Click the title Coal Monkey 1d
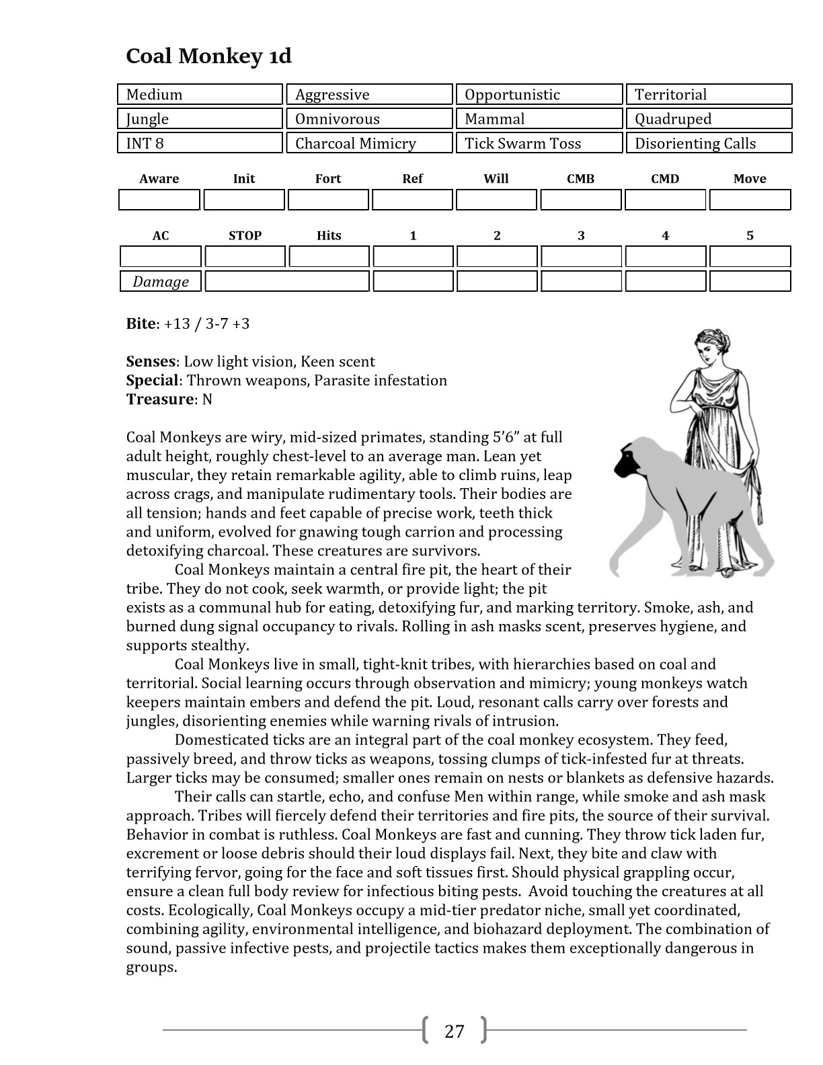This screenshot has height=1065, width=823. [x=208, y=56]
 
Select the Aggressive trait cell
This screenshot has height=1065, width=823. [x=369, y=95]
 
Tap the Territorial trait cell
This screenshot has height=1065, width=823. [x=709, y=95]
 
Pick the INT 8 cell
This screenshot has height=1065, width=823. [x=200, y=143]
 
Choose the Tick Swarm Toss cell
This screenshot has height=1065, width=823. [x=539, y=143]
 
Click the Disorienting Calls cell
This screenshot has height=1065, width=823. [x=709, y=143]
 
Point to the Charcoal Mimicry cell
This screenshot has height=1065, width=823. [x=369, y=143]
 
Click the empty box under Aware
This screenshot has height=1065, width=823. [x=159, y=200]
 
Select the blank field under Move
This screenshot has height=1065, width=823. [x=750, y=200]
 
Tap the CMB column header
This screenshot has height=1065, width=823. [x=580, y=179]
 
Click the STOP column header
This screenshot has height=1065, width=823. [x=245, y=236]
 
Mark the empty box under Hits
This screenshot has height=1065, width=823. [x=329, y=257]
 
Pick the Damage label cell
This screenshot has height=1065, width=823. [x=161, y=282]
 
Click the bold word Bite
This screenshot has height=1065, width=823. [x=141, y=324]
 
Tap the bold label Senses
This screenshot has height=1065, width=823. [x=151, y=362]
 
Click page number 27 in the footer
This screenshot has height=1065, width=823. [x=455, y=1031]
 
